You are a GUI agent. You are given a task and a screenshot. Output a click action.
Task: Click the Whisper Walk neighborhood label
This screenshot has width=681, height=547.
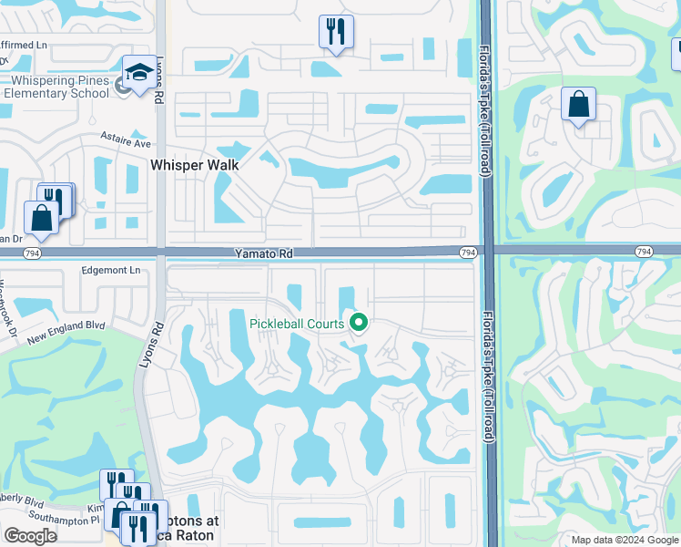(195, 165)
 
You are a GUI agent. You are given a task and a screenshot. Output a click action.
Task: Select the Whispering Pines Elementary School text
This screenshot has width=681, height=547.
(56, 88)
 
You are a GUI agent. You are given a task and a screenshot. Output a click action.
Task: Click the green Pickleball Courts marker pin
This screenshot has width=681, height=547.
(359, 322)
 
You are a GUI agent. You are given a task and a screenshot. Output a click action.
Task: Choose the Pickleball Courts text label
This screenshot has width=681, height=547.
(298, 324)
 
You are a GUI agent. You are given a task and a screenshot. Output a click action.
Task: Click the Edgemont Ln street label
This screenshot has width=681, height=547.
(111, 271)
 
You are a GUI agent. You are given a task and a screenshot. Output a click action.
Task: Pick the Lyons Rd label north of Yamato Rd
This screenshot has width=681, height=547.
(159, 86)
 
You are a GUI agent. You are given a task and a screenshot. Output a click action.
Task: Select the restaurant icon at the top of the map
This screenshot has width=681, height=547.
(336, 32)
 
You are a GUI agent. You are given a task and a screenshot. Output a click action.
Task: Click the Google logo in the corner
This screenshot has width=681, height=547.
(30, 537)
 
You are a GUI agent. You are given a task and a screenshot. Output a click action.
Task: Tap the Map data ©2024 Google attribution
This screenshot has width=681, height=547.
(624, 540)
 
